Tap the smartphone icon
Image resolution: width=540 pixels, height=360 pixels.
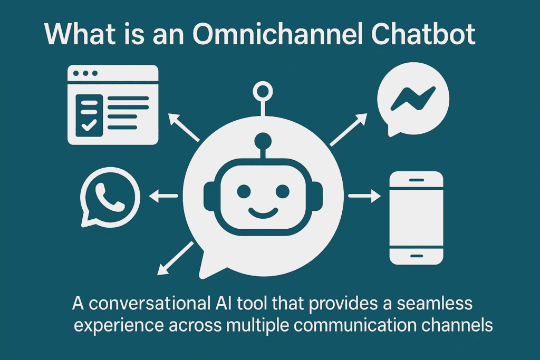point(416,217)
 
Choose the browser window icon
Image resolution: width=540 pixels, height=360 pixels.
point(113,104)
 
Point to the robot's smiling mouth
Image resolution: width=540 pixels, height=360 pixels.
point(263,212)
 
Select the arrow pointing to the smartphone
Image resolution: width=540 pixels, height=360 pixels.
point(364,197)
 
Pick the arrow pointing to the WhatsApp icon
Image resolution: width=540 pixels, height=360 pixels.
point(164,197)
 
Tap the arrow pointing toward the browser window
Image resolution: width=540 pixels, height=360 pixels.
point(184,127)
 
